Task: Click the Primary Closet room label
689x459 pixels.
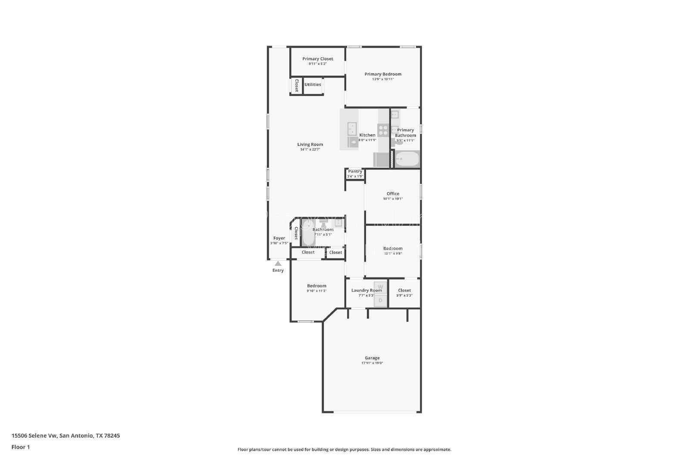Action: tap(317, 59)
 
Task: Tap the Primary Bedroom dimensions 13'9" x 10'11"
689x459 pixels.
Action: tap(383, 79)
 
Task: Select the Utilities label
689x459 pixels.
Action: tap(313, 85)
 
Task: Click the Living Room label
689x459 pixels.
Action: tap(310, 145)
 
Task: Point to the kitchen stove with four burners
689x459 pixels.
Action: tap(383, 130)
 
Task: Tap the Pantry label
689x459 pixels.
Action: tap(355, 171)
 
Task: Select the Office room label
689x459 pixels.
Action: tap(393, 194)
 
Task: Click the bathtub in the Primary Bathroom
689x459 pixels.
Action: tap(407, 160)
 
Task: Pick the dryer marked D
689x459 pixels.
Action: tap(380, 300)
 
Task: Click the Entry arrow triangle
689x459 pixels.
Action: tap(278, 263)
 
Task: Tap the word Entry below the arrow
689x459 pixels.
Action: tap(278, 271)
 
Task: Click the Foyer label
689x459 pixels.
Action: tap(279, 238)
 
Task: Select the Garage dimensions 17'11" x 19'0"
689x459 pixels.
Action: tap(372, 363)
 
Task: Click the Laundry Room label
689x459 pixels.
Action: tap(366, 290)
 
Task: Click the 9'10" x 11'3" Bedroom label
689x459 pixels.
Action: tap(317, 286)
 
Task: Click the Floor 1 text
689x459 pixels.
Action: tap(21, 447)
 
